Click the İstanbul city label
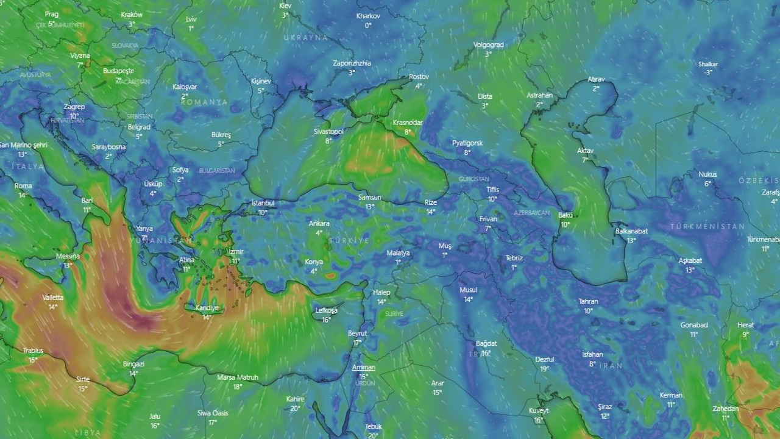(x=263, y=203)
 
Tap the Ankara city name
(x=319, y=224)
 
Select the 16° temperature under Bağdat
(x=486, y=353)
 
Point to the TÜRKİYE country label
(x=349, y=241)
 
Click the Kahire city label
(x=295, y=399)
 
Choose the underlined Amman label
(x=363, y=367)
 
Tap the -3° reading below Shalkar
(x=708, y=73)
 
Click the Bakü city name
(x=565, y=215)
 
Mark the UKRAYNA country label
(x=305, y=37)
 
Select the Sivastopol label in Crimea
(x=328, y=131)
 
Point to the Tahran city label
(x=588, y=301)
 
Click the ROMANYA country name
(x=204, y=102)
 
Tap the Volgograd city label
(x=488, y=45)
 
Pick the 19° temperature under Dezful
(x=544, y=368)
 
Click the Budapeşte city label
(x=118, y=71)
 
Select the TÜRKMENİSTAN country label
(x=707, y=226)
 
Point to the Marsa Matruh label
(x=238, y=377)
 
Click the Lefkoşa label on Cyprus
(x=326, y=310)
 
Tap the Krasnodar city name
(x=408, y=123)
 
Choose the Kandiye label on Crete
(x=207, y=308)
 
